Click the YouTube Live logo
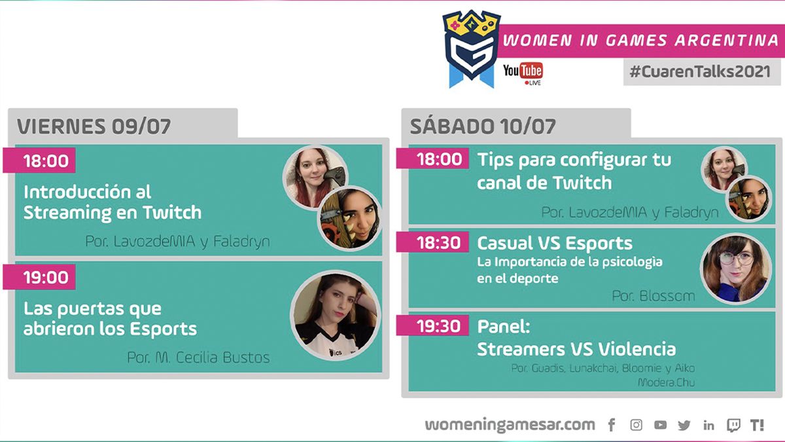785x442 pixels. point(523,73)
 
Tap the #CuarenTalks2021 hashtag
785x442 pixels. point(700,71)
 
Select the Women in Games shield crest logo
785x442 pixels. point(472,49)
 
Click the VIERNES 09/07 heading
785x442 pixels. point(94,126)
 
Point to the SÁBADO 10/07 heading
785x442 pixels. point(483,126)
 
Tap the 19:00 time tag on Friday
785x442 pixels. point(39,277)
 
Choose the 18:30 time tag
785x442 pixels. point(432,242)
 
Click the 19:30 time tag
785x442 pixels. point(432,326)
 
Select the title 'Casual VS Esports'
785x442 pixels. point(555,243)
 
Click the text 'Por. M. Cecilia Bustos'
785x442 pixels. point(198,358)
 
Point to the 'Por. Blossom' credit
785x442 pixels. point(654,296)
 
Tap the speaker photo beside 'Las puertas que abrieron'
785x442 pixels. point(336,316)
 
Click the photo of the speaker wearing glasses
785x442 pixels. point(735,268)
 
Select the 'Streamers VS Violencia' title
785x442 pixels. point(576,349)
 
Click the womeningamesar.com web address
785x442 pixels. point(510,425)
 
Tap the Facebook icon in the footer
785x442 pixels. point(612,425)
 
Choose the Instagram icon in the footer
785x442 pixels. point(636,425)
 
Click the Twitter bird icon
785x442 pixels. point(684,425)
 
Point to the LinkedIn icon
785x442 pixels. point(708,425)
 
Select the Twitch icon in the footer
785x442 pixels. point(733,425)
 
